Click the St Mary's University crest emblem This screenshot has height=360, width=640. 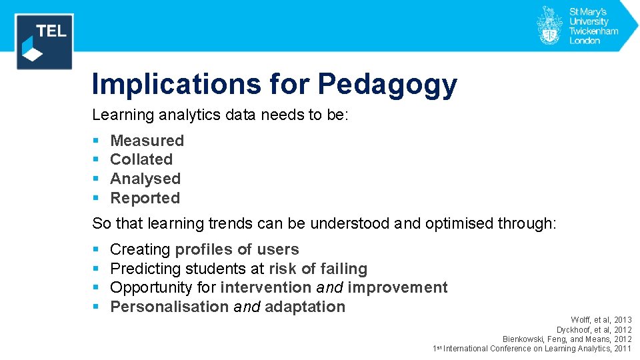click(549, 25)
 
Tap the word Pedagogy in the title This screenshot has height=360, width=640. click(387, 85)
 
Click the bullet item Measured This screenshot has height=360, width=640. click(147, 141)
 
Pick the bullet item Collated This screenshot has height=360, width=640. click(141, 159)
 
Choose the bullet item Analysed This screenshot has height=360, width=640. click(145, 179)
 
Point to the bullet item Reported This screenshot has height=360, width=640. click(145, 198)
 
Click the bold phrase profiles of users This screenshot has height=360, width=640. click(237, 249)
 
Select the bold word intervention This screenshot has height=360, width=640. click(265, 287)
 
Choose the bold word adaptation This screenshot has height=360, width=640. click(305, 307)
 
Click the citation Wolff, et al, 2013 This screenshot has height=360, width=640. click(601, 320)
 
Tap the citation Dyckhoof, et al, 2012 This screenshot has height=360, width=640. click(594, 329)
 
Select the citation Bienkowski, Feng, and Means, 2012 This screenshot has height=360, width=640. click(567, 339)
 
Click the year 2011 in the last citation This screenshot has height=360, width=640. click(623, 348)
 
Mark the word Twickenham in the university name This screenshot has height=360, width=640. click(593, 31)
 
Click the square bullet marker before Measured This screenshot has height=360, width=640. click(95, 141)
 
